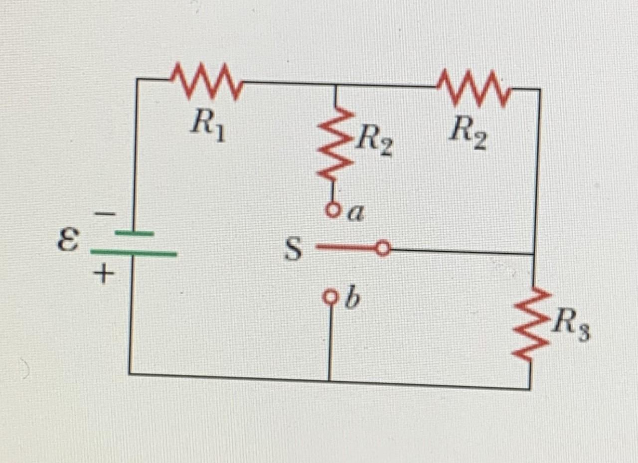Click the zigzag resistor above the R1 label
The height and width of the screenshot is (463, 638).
(x=206, y=81)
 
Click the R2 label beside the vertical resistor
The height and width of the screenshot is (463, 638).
(x=375, y=142)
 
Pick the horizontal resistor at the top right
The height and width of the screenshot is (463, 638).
(x=474, y=88)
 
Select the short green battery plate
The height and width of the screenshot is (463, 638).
(x=135, y=233)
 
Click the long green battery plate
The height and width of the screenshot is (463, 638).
(x=134, y=253)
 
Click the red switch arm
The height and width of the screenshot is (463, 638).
(x=346, y=247)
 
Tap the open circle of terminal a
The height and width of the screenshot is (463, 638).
(x=333, y=210)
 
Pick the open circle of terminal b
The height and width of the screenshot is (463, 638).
(x=330, y=297)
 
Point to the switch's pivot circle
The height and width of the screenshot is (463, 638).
(x=383, y=248)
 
